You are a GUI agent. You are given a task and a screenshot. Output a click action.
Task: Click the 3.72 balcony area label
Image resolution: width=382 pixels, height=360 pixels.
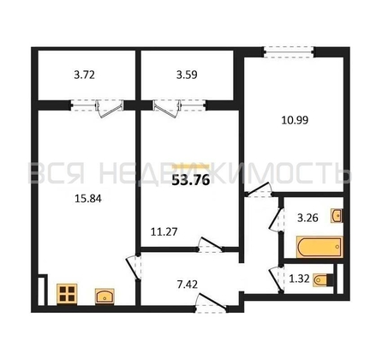(x=84, y=75)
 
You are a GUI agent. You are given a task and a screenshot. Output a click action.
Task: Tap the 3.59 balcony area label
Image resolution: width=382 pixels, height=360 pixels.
(x=187, y=75)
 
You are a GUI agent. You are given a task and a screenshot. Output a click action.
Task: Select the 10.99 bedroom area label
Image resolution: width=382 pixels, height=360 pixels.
(x=295, y=120)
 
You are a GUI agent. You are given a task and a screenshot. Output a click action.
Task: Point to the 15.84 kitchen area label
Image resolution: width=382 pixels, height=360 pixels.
(x=88, y=198)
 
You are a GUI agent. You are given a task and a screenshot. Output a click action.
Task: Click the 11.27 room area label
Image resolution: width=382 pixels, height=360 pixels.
(x=164, y=231)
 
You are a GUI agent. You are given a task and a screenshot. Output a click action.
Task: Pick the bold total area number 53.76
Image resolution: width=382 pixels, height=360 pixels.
(x=191, y=180)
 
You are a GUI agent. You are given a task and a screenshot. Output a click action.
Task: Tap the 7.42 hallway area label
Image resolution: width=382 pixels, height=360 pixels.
(x=188, y=285)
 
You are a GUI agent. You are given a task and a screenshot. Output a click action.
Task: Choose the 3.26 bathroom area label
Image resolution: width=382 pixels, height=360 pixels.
(x=307, y=218)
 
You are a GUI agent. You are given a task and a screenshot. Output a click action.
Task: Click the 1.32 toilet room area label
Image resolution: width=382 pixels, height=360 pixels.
(x=299, y=279)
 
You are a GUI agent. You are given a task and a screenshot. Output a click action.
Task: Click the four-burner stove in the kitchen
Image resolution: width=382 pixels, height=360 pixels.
(x=67, y=294)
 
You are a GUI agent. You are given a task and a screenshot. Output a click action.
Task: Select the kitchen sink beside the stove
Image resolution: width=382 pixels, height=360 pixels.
(x=104, y=297)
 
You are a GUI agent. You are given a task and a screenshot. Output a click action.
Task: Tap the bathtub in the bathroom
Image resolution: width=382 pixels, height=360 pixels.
(x=319, y=247)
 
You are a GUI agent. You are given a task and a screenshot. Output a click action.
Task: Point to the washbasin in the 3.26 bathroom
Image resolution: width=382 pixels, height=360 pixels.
(x=337, y=216)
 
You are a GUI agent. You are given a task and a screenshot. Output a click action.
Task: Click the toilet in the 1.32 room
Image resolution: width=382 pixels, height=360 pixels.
(x=323, y=279)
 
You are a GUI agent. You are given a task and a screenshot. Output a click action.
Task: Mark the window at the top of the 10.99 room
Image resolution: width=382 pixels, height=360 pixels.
(x=289, y=53)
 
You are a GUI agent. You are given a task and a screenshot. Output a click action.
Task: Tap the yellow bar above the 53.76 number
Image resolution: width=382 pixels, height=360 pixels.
(x=191, y=167)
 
